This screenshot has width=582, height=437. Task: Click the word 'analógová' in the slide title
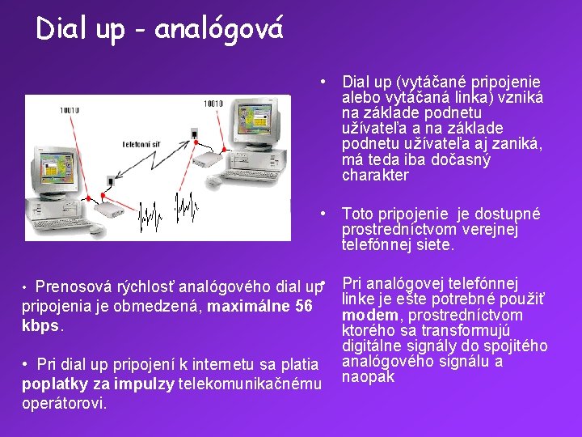(x=218, y=29)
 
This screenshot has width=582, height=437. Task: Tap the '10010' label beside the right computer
(x=213, y=104)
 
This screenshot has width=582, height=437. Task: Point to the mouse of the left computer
(x=96, y=231)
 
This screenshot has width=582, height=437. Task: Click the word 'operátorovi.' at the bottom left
(x=64, y=403)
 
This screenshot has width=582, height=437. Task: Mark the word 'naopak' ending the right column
(x=369, y=376)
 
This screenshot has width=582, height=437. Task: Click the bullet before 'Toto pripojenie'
(x=323, y=214)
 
